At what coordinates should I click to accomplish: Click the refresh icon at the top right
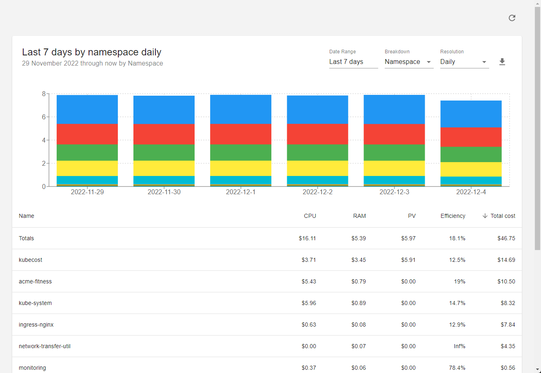click(x=512, y=18)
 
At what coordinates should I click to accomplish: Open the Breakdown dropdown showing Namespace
click(x=409, y=62)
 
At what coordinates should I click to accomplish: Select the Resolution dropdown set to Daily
click(x=464, y=62)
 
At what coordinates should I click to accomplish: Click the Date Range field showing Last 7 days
click(x=353, y=62)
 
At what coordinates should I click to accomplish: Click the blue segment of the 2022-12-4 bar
click(x=471, y=114)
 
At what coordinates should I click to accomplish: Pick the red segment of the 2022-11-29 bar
click(x=87, y=134)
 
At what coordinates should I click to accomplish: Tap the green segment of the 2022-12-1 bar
click(x=241, y=152)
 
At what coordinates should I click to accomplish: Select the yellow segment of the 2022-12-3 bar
click(x=394, y=168)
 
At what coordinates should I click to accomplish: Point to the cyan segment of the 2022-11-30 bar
click(x=164, y=180)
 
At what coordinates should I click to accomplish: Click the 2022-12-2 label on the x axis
click(x=317, y=192)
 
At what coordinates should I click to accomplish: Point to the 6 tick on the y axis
click(x=44, y=117)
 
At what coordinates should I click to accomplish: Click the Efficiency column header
click(x=453, y=216)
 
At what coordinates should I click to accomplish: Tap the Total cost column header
click(x=503, y=216)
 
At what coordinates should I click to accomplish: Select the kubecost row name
click(x=31, y=260)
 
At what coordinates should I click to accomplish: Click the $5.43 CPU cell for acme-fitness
click(x=309, y=281)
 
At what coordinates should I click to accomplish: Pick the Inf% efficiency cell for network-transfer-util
click(x=459, y=346)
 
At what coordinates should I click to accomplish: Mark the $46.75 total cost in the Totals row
click(x=506, y=238)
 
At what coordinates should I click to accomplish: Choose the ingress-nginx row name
click(x=36, y=325)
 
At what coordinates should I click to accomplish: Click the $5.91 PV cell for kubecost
click(x=408, y=260)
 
